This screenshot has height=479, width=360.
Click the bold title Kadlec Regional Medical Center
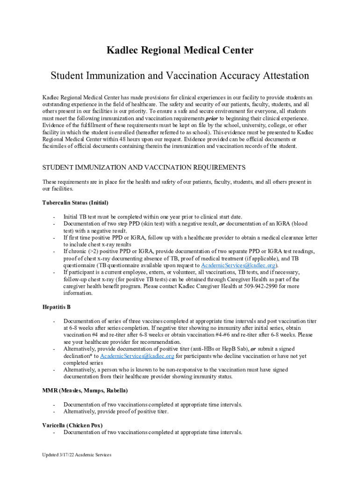tap(180, 51)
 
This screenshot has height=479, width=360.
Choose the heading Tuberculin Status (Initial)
tap(75, 203)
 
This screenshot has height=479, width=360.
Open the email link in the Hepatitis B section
tap(137, 356)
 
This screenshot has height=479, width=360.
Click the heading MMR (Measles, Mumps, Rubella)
tap(85, 390)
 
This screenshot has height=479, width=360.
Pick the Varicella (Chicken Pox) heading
tap(72, 425)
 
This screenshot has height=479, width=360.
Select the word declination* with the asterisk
tap(78, 356)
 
